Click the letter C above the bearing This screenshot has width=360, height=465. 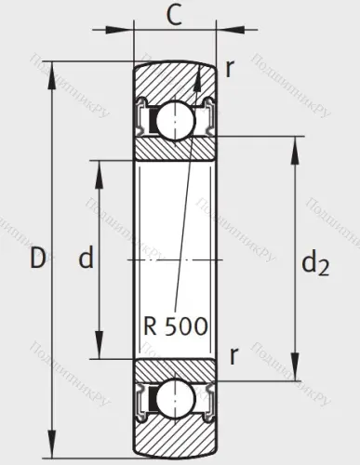[x=174, y=15]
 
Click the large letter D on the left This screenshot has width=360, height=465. [x=36, y=259]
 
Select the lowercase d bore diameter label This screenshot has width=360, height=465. [x=86, y=259]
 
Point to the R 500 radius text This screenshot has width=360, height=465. [x=176, y=326]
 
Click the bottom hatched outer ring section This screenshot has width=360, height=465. [x=174, y=439]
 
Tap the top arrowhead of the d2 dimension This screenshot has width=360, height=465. [x=297, y=142]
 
